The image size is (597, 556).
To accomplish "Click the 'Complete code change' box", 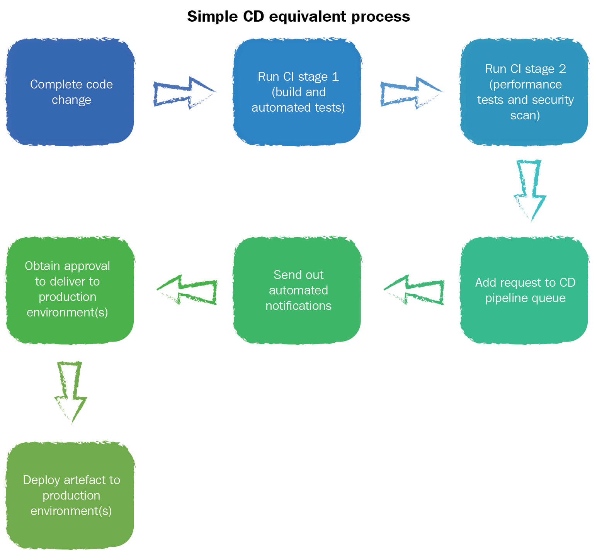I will coord(70,92).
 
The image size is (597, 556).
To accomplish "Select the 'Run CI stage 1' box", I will coord(297,92).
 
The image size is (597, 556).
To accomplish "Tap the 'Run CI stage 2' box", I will coord(524,92).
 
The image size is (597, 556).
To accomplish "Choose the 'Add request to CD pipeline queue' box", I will coord(524,290).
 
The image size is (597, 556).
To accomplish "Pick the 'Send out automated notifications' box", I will coord(297,290).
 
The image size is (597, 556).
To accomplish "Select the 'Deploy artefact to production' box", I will coord(70,495).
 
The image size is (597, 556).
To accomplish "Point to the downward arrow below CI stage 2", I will coord(530,189).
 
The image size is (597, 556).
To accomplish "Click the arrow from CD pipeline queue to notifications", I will coord(415,290).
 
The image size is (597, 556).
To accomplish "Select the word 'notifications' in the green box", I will coord(298,306).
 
